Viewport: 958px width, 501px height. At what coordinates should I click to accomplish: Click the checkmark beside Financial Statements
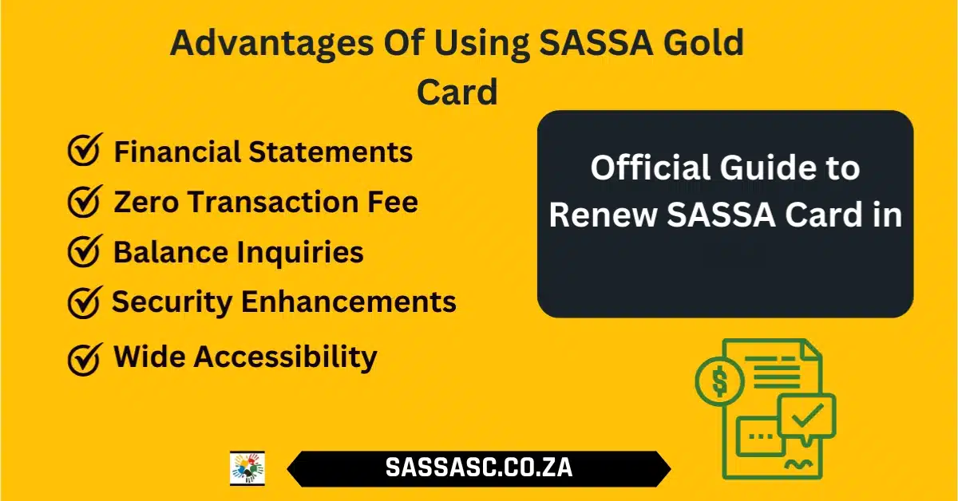click(x=85, y=150)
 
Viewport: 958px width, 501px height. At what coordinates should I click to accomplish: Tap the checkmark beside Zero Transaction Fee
click(x=85, y=201)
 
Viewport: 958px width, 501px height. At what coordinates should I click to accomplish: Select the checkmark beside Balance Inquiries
click(x=85, y=251)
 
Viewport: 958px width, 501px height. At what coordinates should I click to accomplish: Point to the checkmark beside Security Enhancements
click(x=85, y=302)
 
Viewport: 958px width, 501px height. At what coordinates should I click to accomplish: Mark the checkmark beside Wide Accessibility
click(x=85, y=359)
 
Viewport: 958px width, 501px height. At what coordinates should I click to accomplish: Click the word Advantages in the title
click(x=272, y=44)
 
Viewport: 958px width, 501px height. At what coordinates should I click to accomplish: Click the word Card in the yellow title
click(x=457, y=92)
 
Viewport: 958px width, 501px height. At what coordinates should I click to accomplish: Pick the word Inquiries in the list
click(x=300, y=252)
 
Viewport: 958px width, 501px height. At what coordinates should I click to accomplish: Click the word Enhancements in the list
click(x=349, y=302)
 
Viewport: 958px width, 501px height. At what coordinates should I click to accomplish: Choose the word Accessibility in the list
click(x=285, y=357)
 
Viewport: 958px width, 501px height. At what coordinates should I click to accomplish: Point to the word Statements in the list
click(x=331, y=152)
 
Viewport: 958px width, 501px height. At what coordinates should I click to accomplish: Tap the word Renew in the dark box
click(x=603, y=215)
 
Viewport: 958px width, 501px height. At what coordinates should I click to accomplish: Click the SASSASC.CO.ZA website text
click(x=478, y=467)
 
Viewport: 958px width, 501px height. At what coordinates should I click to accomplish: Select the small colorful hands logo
click(x=247, y=468)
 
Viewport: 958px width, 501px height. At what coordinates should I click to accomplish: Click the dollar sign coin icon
click(x=720, y=381)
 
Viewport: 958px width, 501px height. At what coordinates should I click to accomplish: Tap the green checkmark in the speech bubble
click(x=807, y=415)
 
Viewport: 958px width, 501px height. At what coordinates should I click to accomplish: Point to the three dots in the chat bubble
click(x=761, y=436)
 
